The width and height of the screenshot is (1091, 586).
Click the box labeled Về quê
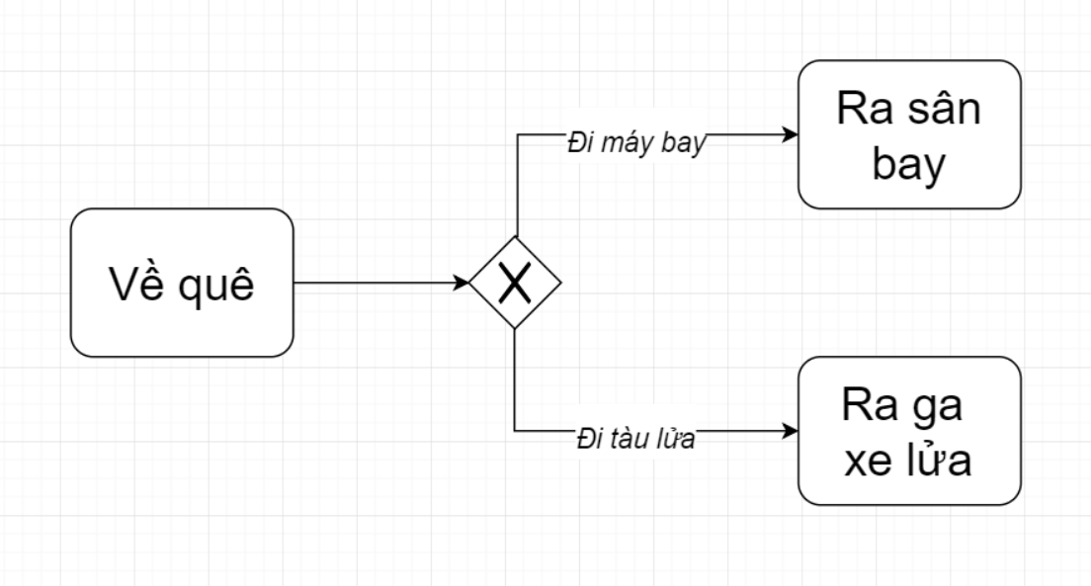tap(182, 283)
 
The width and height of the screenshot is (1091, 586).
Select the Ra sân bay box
tap(908, 134)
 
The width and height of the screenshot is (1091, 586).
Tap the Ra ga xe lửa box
tap(908, 431)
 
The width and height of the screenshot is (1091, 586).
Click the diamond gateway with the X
tap(515, 283)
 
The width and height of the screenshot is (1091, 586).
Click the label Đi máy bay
tap(636, 143)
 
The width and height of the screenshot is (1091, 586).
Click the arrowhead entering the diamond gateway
tap(462, 283)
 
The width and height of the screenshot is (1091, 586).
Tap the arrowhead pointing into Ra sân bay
tap(791, 134)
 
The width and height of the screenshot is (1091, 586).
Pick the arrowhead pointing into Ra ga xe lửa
tap(791, 431)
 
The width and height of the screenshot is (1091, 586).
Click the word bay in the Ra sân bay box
tap(908, 165)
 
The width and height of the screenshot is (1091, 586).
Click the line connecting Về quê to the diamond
tap(376, 283)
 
